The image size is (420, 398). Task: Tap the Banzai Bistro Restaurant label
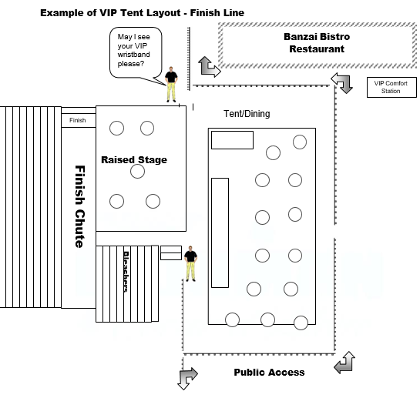tap(317, 43)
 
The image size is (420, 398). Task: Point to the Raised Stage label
tap(134, 160)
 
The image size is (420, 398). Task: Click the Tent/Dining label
tap(247, 114)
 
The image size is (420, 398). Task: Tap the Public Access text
tap(269, 373)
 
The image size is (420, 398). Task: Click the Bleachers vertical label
tap(126, 272)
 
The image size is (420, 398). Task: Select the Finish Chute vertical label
tap(80, 206)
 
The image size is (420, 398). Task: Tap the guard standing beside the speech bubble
tap(171, 85)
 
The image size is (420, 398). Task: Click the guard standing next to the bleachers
tap(190, 263)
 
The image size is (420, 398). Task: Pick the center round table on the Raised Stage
tap(137, 172)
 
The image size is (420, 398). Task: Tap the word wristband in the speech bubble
tap(133, 55)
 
